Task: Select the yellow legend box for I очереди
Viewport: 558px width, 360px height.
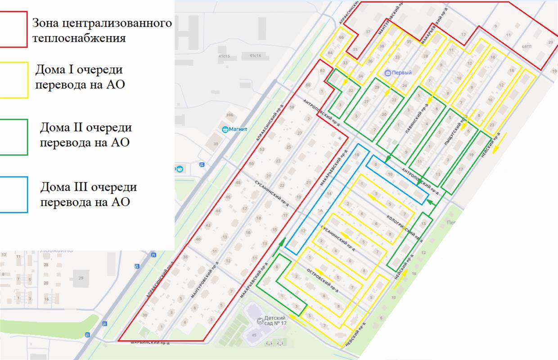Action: coord(14,80)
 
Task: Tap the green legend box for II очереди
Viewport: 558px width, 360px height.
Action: coord(14,137)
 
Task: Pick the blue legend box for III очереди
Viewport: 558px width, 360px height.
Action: coord(14,194)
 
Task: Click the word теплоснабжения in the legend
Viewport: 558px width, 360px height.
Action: coord(79,38)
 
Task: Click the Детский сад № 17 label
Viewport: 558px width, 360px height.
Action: coord(275,321)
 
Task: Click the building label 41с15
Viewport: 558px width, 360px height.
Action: coord(224,56)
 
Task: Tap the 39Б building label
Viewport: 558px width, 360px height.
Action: coord(229,115)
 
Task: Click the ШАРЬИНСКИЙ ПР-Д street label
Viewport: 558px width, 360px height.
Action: coord(150,343)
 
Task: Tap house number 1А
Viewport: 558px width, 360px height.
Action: coord(321,211)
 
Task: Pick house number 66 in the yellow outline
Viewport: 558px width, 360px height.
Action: coord(341,37)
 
